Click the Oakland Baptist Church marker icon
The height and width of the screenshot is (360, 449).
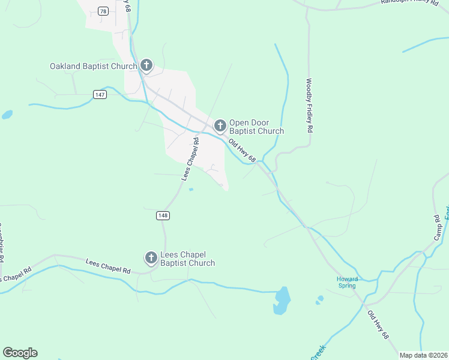tap(146, 65)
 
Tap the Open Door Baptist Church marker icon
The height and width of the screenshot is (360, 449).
tap(220, 125)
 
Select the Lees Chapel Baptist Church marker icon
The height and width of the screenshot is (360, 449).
tap(151, 258)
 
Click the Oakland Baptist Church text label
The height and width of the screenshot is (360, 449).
tap(94, 65)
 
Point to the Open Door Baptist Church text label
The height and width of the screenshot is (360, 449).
tap(256, 127)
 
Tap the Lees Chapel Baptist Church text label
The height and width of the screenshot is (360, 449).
tap(187, 259)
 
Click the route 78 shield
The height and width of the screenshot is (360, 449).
tap(103, 11)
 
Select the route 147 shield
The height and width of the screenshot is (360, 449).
tap(100, 95)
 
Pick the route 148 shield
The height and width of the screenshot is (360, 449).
tap(163, 215)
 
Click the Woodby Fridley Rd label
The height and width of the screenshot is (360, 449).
tap(310, 106)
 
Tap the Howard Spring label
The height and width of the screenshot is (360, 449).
tap(347, 282)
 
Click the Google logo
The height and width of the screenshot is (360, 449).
tap(20, 353)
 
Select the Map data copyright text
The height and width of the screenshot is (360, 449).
tap(424, 355)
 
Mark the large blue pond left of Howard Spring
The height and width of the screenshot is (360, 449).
tap(282, 299)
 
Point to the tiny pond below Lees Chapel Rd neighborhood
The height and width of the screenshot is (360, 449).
tap(191, 190)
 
